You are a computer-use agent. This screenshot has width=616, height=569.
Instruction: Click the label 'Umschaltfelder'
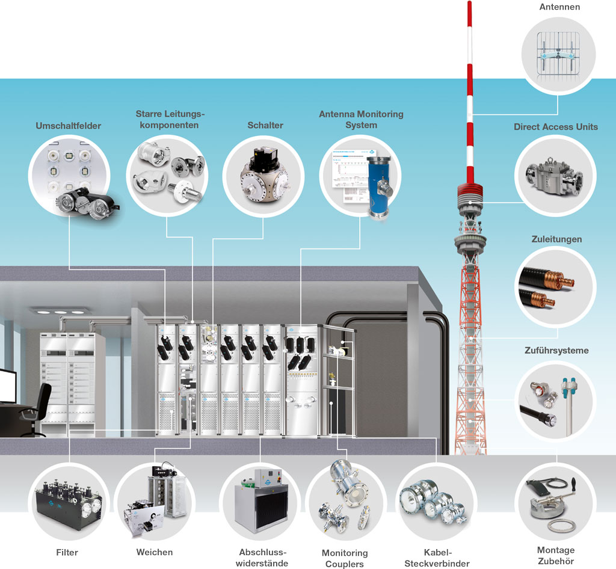[68, 126]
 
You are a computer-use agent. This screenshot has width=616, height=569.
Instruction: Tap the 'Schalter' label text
[265, 125]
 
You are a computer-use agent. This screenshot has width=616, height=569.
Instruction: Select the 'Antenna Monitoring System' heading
[361, 119]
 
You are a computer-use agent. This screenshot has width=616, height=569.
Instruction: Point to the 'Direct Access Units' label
[555, 127]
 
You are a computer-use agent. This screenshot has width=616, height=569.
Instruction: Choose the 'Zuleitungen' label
[557, 239]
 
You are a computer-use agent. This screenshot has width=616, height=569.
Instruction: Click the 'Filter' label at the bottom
[67, 552]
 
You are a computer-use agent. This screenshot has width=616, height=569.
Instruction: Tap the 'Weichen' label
[155, 552]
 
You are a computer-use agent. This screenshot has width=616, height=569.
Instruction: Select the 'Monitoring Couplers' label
[345, 558]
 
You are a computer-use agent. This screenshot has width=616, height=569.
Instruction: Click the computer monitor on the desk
[7, 385]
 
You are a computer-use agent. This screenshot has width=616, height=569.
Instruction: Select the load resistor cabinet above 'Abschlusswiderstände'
[260, 503]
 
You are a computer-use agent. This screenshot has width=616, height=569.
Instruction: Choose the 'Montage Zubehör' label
[555, 555]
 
